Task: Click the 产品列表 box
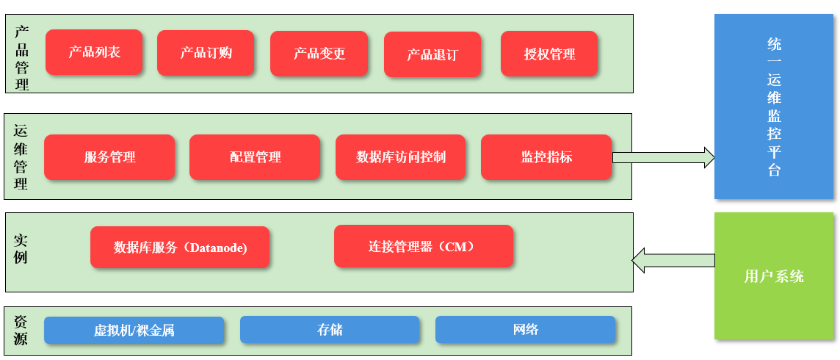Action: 94,52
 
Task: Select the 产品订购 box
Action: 206,53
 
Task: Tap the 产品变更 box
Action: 319,54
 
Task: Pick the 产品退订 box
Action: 432,54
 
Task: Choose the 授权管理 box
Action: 549,54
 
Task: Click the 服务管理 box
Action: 109,157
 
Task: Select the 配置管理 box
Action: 255,157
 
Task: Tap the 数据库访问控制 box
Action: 400,157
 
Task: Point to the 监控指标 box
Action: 546,157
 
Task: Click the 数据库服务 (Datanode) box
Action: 180,248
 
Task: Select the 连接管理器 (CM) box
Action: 424,246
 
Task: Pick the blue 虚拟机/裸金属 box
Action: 134,330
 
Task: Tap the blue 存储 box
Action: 330,329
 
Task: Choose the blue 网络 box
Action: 525,329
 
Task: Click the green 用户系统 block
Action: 774,276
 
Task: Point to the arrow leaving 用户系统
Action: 673,260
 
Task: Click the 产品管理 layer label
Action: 22,58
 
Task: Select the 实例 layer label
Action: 21,249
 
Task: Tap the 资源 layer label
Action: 21,331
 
